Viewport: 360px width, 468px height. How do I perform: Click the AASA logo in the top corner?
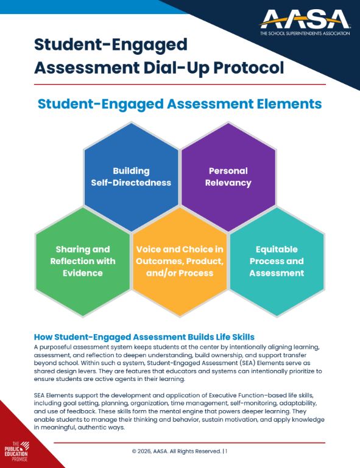tap(304, 22)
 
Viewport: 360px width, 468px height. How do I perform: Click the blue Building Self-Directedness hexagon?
tap(131, 176)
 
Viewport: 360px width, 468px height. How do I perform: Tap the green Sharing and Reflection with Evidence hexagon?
tap(82, 261)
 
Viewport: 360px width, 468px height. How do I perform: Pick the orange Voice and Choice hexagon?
tap(180, 261)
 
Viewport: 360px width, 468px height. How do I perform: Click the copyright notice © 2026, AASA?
tap(176, 451)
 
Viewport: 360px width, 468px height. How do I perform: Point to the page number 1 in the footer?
tap(226, 451)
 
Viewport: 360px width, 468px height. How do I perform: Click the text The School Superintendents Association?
tap(304, 33)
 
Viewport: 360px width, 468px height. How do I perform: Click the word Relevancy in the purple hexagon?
tap(229, 183)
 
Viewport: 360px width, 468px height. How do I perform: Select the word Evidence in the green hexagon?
tap(82, 273)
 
